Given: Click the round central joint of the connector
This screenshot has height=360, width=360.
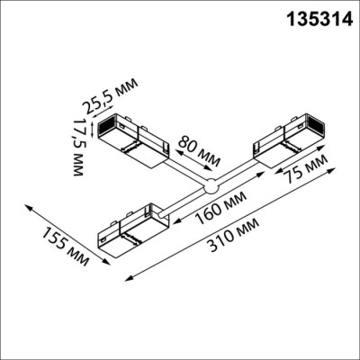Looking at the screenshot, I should click(210, 187).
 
